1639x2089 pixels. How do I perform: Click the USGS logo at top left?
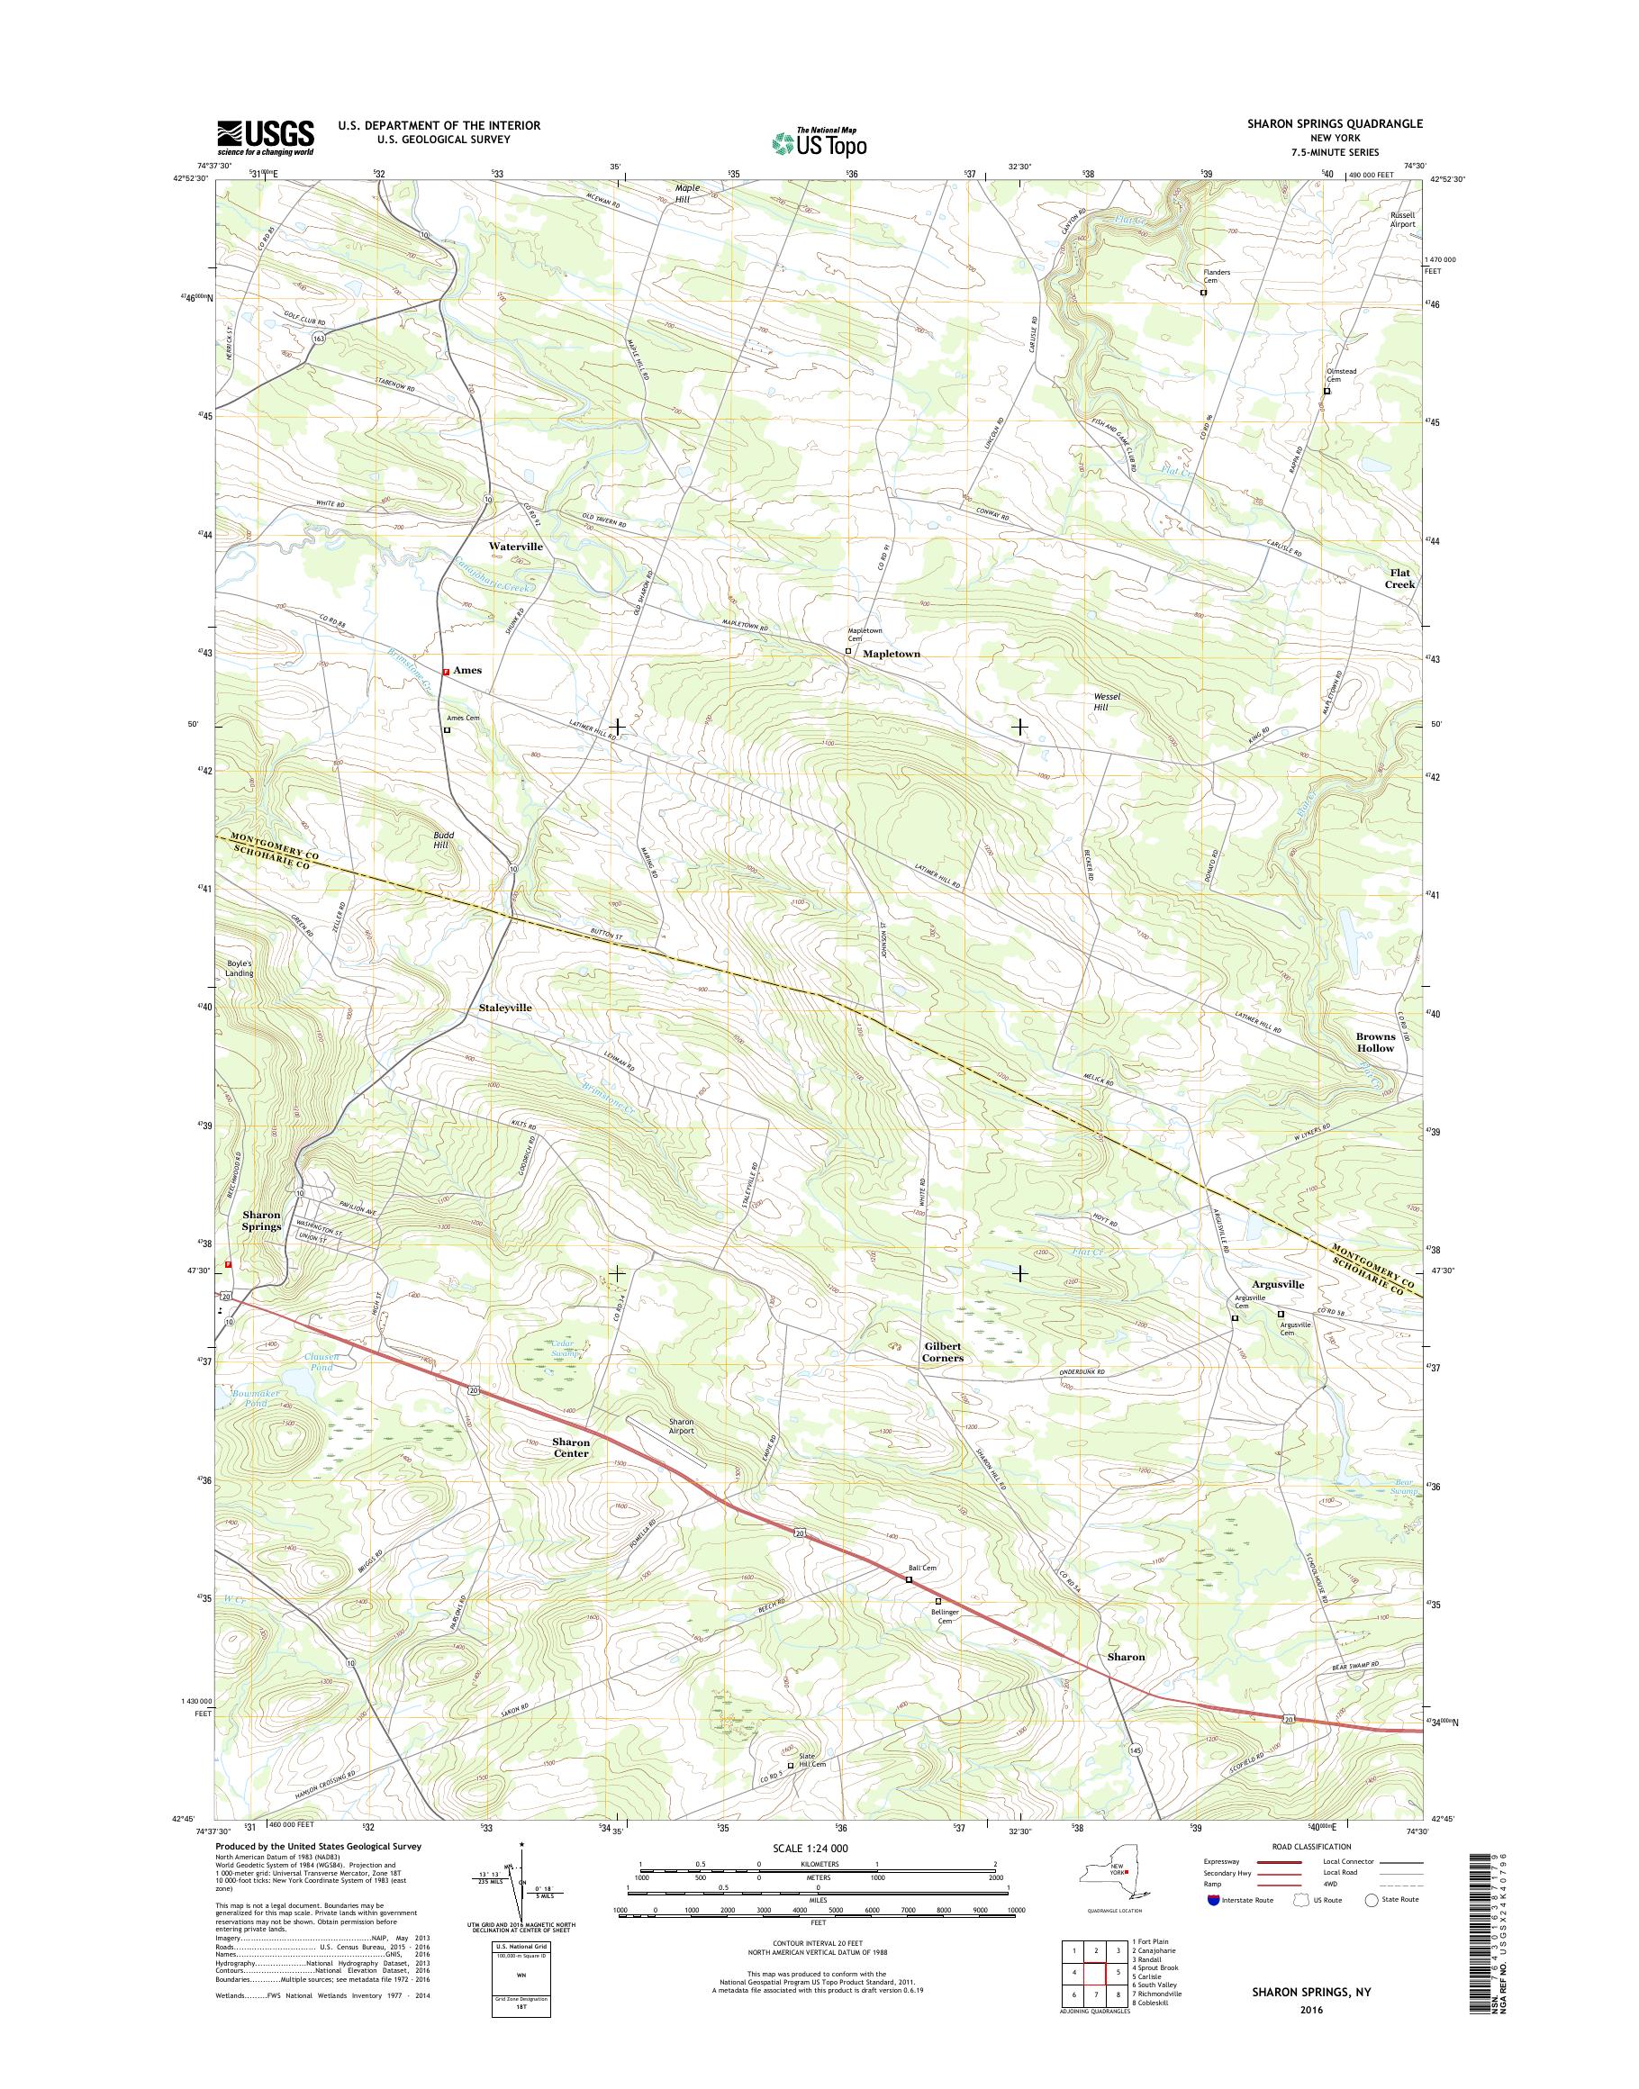[x=265, y=138]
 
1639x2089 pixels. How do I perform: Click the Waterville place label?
[x=515, y=546]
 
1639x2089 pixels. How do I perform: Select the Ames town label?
[x=467, y=671]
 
